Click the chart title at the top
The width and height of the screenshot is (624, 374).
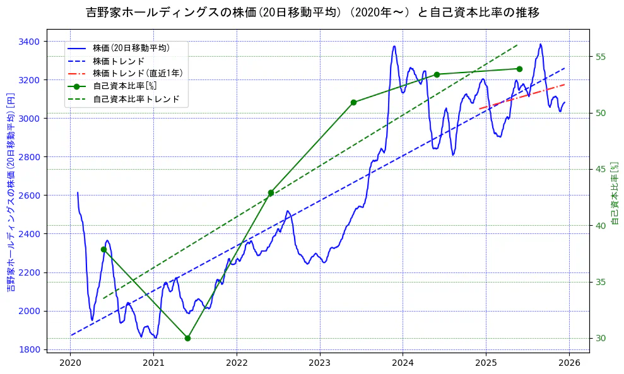312,12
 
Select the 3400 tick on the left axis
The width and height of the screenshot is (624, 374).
29,42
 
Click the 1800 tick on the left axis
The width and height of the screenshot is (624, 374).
29,349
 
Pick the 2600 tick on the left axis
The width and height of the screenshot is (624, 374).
29,196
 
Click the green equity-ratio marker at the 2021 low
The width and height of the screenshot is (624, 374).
187,338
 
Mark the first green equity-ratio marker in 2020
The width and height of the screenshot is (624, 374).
103,249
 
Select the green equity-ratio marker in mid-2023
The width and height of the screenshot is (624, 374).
353,102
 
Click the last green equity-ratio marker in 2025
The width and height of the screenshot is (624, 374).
519,69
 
